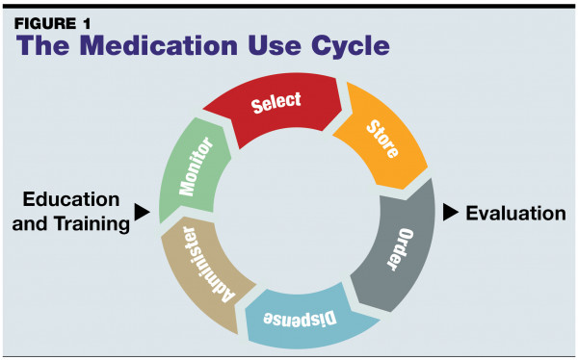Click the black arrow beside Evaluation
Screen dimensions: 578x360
click(x=451, y=212)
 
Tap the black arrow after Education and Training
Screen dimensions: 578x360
click(x=143, y=212)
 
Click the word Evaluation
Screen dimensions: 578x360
click(x=515, y=214)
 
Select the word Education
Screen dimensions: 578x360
click(x=71, y=199)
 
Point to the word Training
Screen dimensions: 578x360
click(x=92, y=224)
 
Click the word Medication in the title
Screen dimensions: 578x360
click(x=159, y=45)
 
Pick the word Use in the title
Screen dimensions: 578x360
click(x=275, y=45)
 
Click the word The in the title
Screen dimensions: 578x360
click(x=42, y=45)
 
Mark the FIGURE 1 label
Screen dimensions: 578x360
click(x=52, y=24)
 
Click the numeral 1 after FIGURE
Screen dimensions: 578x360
click(x=86, y=24)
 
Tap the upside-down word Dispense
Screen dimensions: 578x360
click(x=300, y=319)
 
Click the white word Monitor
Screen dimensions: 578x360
click(x=196, y=167)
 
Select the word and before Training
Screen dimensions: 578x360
click(x=30, y=223)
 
